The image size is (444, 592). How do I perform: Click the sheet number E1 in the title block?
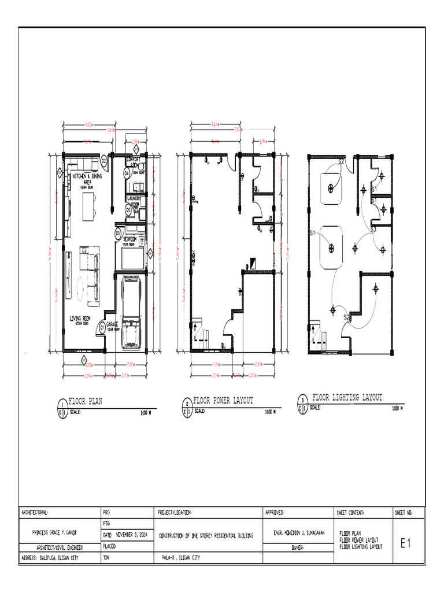[405, 543]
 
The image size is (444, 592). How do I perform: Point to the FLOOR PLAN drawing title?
[86, 400]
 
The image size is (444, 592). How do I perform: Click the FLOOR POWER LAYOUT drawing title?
[223, 400]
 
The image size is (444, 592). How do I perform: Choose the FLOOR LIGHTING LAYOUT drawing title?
[347, 398]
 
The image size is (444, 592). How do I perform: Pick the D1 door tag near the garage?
[102, 328]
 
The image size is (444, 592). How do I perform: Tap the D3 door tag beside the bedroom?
[117, 234]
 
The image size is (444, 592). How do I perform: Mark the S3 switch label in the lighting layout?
[373, 230]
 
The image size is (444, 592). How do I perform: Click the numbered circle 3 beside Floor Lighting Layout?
[302, 399]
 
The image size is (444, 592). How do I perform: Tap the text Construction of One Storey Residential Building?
[206, 536]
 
